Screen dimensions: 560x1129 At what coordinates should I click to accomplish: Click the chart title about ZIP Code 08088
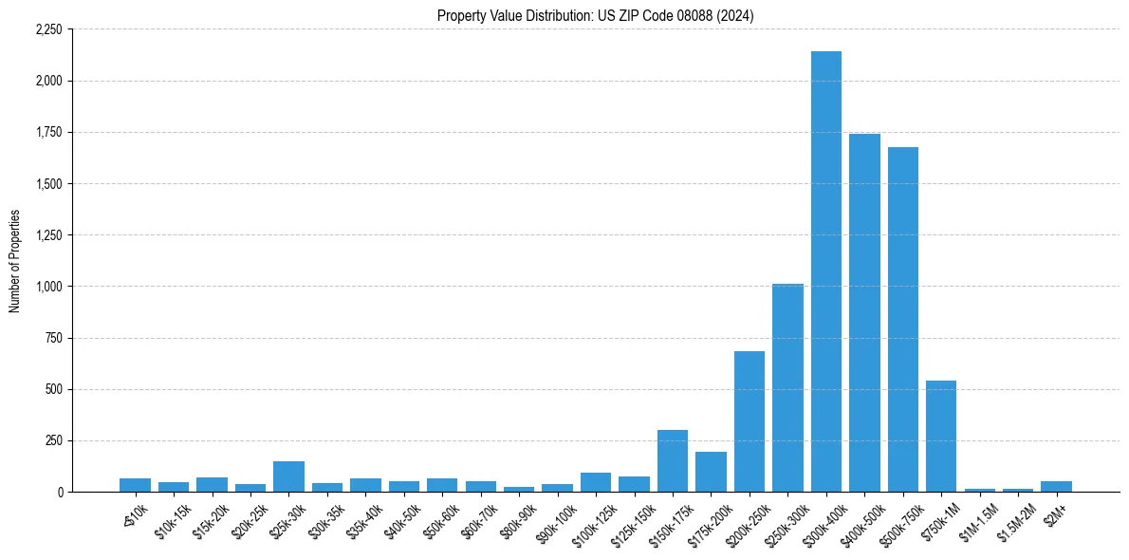[x=596, y=16]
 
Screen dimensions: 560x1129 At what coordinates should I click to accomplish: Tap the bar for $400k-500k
[x=864, y=313]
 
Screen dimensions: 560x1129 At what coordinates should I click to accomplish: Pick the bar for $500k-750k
[x=902, y=320]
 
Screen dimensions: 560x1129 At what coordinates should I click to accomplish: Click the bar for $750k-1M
[x=941, y=437]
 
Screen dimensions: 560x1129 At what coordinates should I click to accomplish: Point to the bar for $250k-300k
[x=787, y=388]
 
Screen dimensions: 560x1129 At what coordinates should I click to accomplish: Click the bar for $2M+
[x=1056, y=486]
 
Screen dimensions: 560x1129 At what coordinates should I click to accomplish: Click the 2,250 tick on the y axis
[x=47, y=29]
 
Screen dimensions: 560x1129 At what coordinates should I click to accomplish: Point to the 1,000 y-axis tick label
[x=47, y=287]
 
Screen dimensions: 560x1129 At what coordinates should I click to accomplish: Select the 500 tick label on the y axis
[x=53, y=389]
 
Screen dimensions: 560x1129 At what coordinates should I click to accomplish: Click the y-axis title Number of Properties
[x=15, y=261]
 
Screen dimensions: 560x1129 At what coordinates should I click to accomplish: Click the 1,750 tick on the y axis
[x=47, y=132]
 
